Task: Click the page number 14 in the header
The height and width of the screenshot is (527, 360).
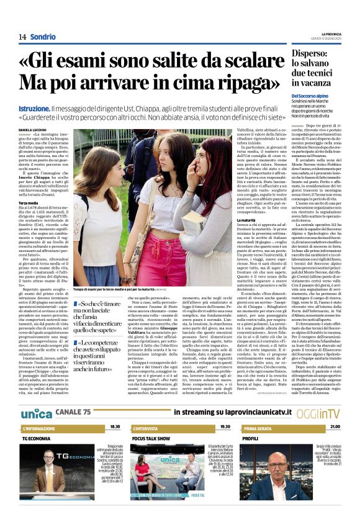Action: click(22, 37)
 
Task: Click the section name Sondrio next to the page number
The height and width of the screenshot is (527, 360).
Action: click(43, 37)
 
